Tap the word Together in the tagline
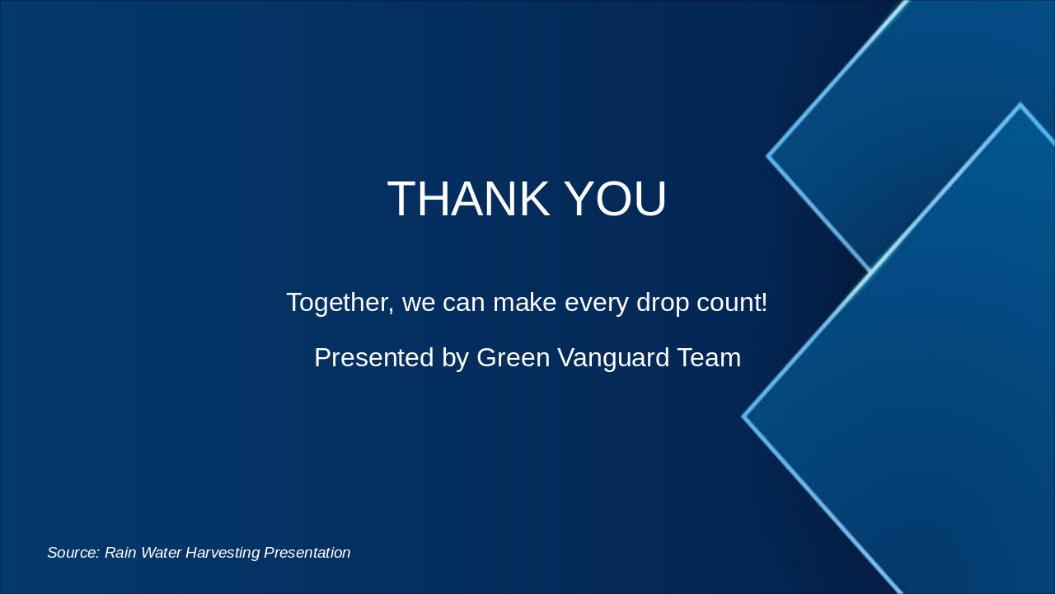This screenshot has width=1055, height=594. [x=338, y=303]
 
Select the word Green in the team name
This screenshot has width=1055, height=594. [x=511, y=358]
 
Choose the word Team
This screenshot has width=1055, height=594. [x=709, y=358]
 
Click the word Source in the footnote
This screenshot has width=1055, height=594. [x=73, y=553]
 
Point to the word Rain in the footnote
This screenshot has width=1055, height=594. [x=120, y=553]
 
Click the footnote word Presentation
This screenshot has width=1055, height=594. [x=307, y=553]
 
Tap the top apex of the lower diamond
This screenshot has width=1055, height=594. [x=1020, y=105]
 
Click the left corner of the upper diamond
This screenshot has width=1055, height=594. [x=768, y=155]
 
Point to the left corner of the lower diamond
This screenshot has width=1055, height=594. [x=743, y=417]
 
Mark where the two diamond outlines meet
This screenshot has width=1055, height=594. [x=870, y=271]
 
